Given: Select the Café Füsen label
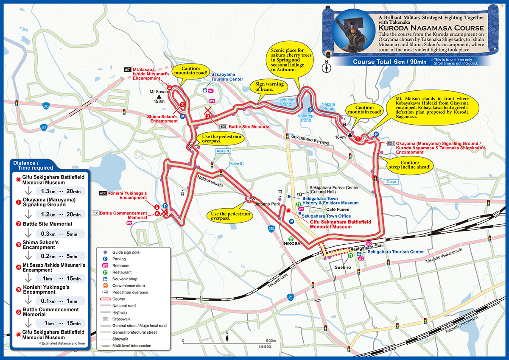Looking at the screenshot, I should [338, 209].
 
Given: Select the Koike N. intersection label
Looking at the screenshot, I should [223, 151].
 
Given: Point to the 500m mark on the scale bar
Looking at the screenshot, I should [271, 340].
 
